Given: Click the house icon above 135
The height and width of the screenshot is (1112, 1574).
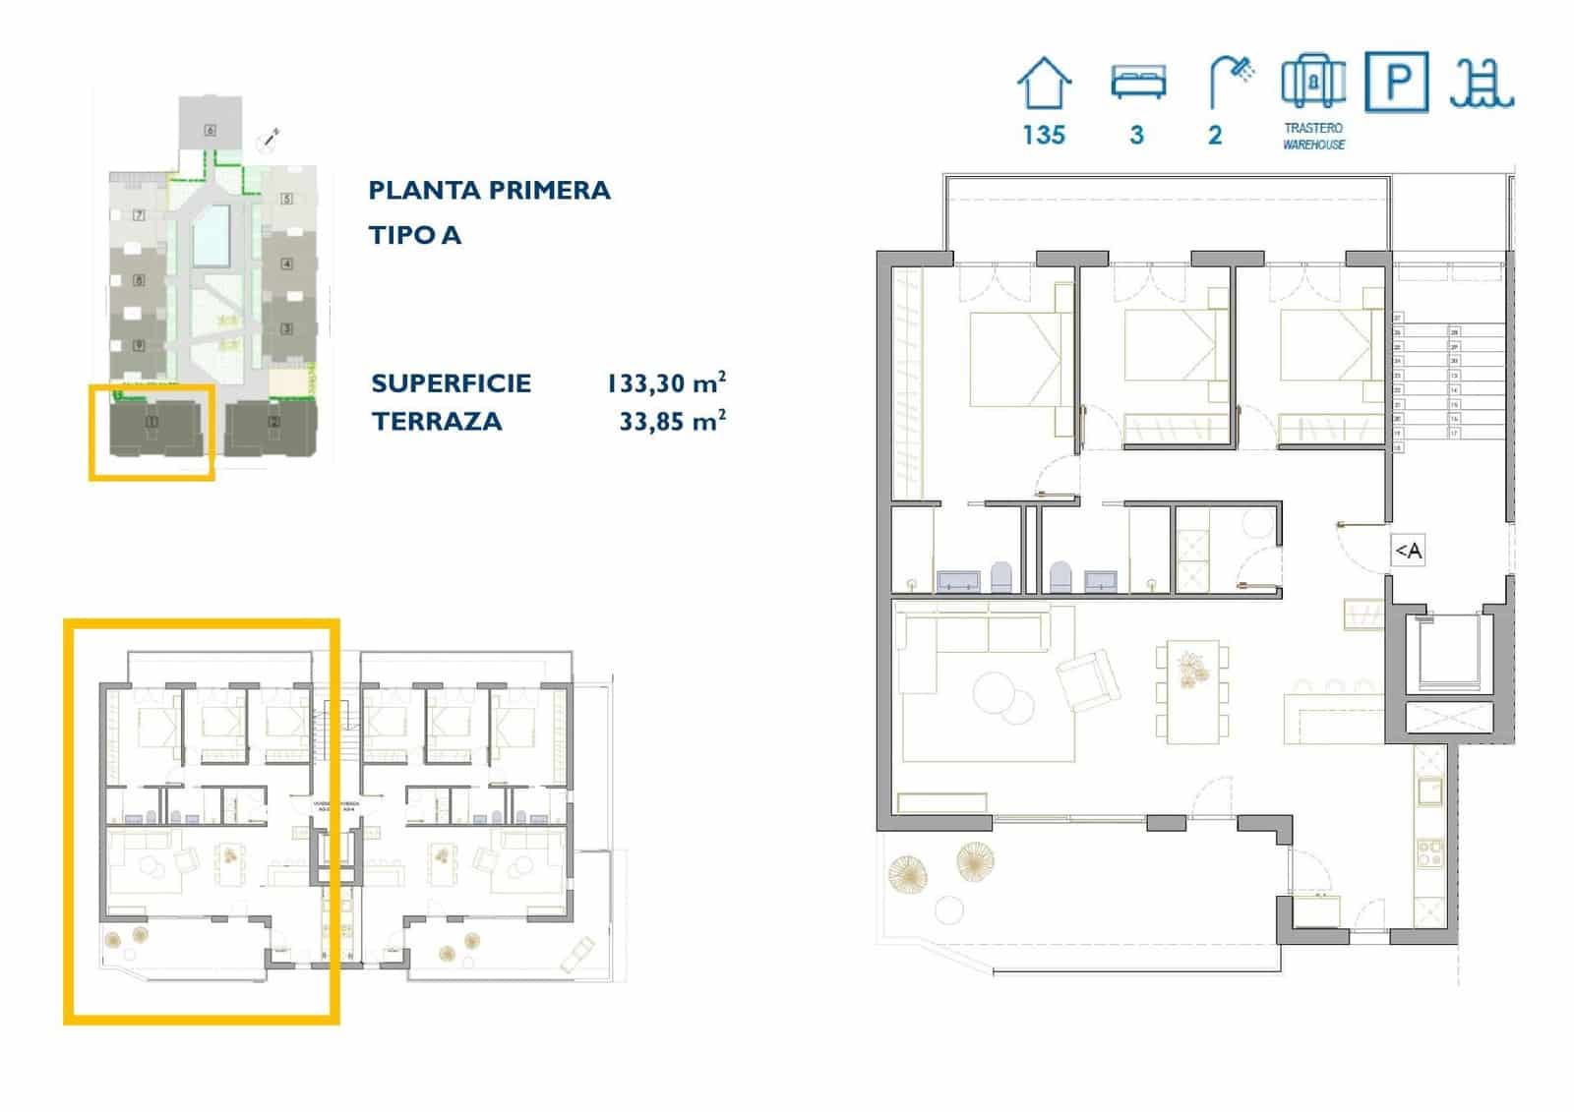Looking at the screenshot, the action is (x=1043, y=84).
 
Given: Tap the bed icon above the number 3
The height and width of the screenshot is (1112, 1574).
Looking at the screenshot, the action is (x=1137, y=82).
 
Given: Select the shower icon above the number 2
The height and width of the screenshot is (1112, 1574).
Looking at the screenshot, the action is (x=1230, y=82).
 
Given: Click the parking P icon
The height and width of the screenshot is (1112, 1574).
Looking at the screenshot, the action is (x=1396, y=82).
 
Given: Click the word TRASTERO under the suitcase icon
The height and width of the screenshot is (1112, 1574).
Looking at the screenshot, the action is (x=1312, y=128).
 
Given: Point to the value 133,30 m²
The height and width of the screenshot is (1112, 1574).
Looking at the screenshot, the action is (x=666, y=382).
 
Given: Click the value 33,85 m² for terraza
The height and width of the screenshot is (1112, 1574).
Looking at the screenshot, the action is (x=672, y=421).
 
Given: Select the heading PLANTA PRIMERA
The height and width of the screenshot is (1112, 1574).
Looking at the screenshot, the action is (x=489, y=190).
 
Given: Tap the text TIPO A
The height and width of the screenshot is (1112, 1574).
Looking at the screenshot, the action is (x=414, y=235).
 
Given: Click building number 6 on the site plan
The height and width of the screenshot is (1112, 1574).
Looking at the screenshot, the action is (x=210, y=129).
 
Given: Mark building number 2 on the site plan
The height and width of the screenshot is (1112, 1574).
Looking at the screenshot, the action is (x=273, y=423).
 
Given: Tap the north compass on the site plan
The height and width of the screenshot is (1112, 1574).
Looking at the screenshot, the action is (x=268, y=140).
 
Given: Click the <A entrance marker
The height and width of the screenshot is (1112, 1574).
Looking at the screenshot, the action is (x=1408, y=551).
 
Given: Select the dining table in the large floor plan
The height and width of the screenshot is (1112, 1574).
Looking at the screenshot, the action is (x=1191, y=692).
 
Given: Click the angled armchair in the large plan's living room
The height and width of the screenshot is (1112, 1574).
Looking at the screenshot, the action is (x=1087, y=678).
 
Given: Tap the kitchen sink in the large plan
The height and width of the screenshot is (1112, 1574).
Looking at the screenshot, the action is (x=1428, y=789).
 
